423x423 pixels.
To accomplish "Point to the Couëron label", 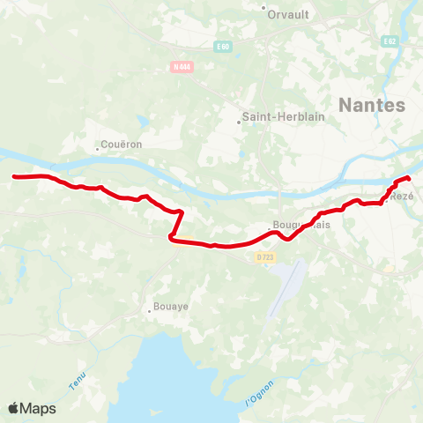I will click(122, 145).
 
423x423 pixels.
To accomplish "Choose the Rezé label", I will click(402, 196).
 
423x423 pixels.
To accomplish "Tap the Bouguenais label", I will click(301, 225).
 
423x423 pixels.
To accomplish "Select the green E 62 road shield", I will click(389, 41).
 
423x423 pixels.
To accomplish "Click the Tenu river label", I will click(78, 381).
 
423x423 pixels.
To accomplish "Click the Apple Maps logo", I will click(32, 408).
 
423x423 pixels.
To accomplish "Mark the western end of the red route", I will click(13, 177).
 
